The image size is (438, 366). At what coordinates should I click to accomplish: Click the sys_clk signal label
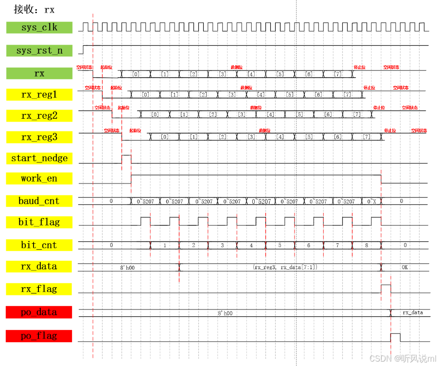coord(39,28)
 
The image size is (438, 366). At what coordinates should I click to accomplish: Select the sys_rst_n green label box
coord(39,51)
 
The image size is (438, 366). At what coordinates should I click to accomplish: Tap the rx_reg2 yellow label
coord(39,116)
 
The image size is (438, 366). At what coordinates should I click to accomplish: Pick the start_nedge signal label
coord(39,158)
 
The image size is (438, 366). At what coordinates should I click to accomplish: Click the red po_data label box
coord(39,312)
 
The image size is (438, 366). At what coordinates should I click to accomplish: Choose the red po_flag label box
coord(39,335)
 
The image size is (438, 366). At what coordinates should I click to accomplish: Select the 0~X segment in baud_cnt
coord(371,201)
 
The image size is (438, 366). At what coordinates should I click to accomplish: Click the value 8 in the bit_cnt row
coord(367,245)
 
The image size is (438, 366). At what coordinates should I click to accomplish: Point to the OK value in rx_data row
coord(405,267)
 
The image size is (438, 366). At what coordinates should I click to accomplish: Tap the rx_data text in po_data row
coord(412,312)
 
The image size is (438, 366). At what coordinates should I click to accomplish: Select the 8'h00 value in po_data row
coord(225,313)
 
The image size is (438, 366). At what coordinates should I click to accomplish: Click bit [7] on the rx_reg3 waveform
coord(367,137)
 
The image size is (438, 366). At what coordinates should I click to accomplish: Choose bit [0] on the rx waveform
coord(136,74)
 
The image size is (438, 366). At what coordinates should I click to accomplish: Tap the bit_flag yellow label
coord(39,222)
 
